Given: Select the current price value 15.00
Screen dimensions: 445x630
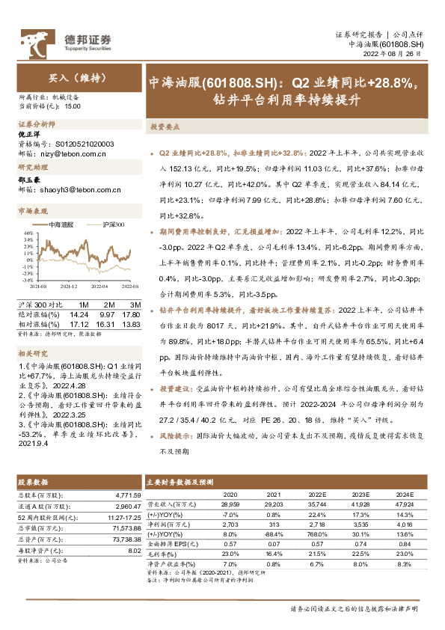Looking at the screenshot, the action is point(73,107).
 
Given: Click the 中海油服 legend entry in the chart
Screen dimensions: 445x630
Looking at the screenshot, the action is point(61,224).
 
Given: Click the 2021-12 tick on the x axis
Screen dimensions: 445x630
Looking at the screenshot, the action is point(69,286).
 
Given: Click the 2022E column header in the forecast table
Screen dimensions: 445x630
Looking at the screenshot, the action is point(319,495).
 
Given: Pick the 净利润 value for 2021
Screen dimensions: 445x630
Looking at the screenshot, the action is point(274,526).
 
